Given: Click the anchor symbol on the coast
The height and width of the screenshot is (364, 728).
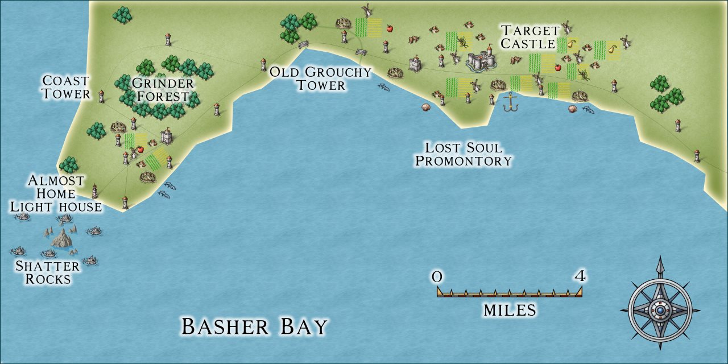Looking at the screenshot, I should [x=510, y=102].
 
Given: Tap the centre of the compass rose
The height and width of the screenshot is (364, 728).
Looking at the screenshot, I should [x=660, y=311].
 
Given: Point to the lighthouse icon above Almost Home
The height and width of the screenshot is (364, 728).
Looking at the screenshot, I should [x=95, y=191].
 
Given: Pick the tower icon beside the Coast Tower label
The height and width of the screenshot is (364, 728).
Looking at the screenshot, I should [x=102, y=96].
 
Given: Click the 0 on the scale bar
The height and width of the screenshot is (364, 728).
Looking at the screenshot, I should [x=437, y=277].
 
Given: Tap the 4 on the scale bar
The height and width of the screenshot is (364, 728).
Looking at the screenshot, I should [x=580, y=277].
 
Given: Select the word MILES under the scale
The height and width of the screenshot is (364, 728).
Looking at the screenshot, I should [x=510, y=310].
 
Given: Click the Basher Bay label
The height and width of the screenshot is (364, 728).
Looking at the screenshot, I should [x=254, y=326].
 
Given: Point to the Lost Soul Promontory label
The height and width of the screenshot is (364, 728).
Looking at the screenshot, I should [x=464, y=154].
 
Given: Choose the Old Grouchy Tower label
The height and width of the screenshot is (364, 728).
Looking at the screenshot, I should [x=320, y=78].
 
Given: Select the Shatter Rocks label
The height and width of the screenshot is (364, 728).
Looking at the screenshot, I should [x=47, y=272].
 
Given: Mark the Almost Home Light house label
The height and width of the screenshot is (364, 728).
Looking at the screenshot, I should [x=56, y=193].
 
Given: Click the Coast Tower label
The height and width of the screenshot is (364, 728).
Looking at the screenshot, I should [x=66, y=88].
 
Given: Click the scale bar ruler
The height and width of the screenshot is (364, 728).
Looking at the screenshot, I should [x=510, y=292].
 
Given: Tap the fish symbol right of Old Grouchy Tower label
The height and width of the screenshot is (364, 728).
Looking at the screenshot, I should [x=384, y=87].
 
